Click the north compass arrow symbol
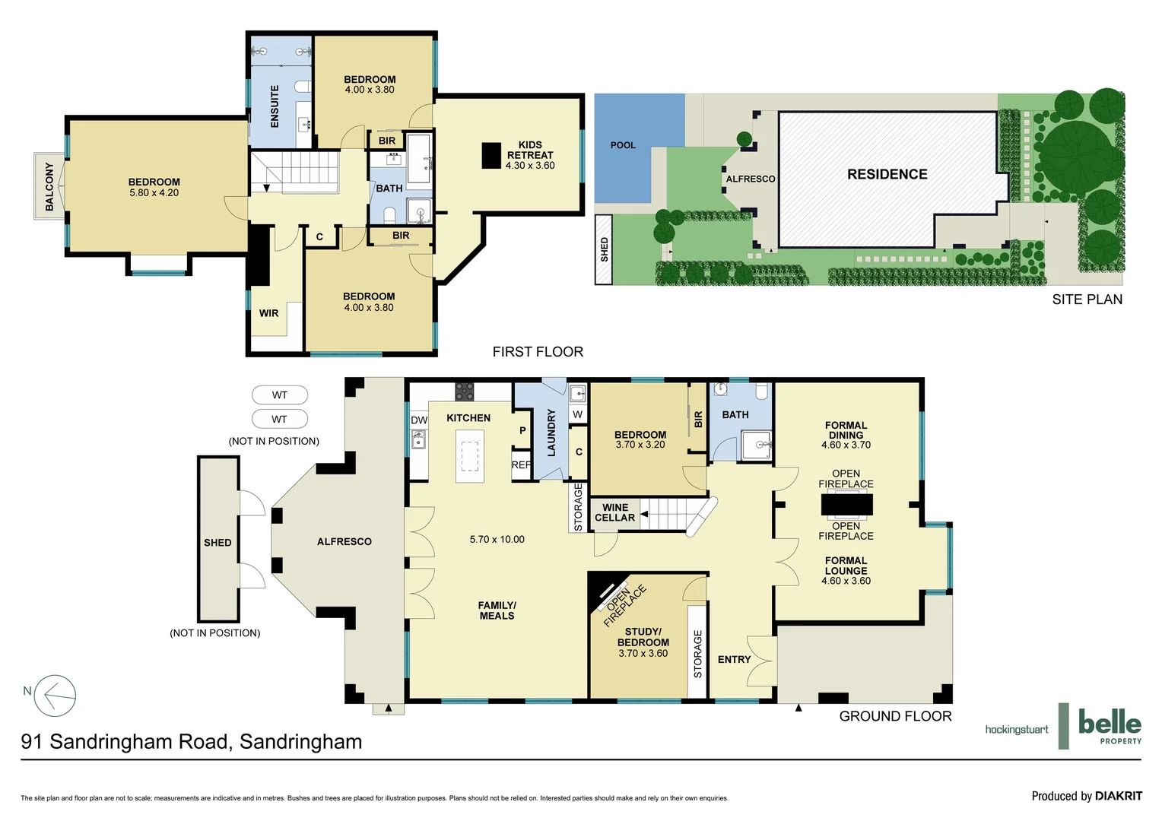[56, 695]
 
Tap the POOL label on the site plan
[623, 145]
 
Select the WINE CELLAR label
[614, 512]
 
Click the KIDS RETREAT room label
[530, 154]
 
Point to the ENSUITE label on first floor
[275, 106]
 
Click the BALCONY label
[49, 186]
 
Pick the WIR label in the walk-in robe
[268, 313]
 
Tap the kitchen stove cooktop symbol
[464, 392]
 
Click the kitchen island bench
[469, 456]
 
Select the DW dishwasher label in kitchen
[419, 420]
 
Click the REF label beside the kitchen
[521, 465]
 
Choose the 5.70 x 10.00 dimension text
[497, 539]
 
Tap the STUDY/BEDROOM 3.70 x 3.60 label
[643, 642]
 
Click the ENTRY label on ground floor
[734, 659]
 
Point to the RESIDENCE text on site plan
[887, 174]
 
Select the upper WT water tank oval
[280, 395]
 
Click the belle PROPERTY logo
[1109, 726]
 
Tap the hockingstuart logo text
[1016, 730]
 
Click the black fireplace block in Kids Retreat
[492, 156]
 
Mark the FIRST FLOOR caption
[538, 352]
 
